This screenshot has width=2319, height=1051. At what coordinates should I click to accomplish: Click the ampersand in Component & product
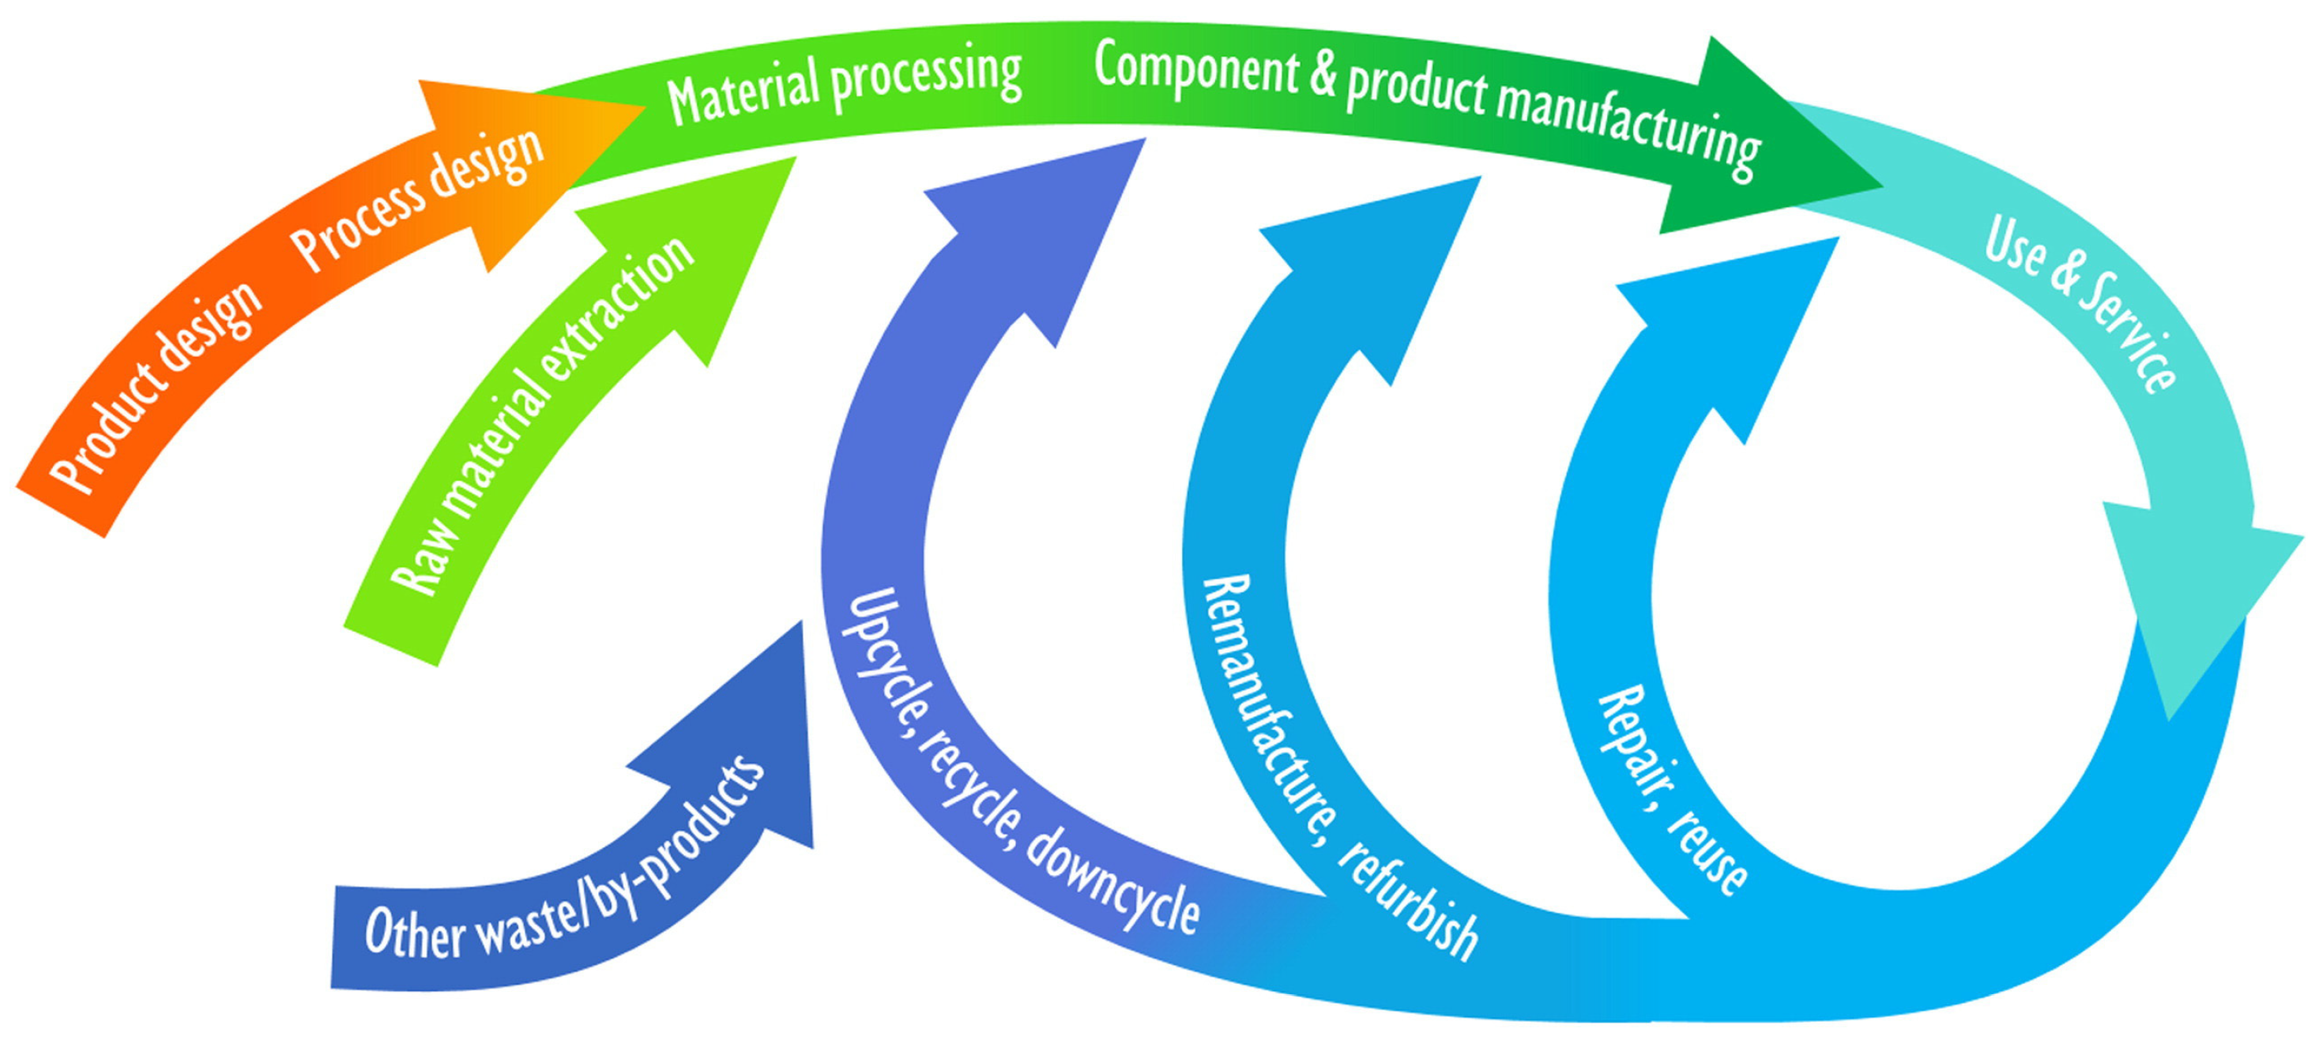pyautogui.click(x=1323, y=72)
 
